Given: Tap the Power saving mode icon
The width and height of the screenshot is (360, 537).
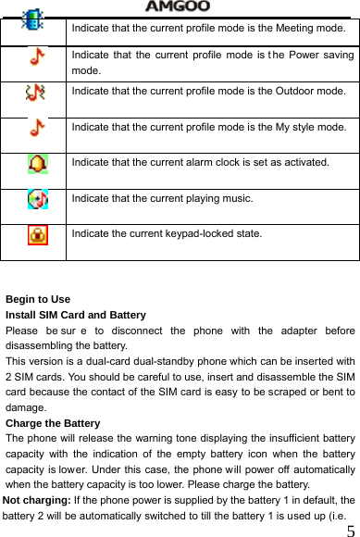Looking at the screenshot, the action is coord(35,57).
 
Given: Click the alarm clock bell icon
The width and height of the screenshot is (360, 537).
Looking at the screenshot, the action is coord(35,164).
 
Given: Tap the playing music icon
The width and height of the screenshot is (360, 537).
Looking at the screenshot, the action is coord(35,199).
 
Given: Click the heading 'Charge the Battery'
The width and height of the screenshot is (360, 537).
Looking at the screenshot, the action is coord(53,423).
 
